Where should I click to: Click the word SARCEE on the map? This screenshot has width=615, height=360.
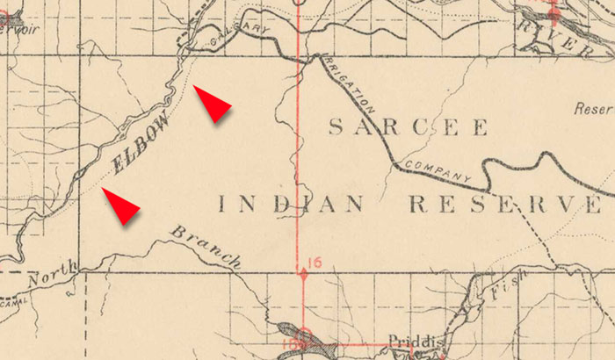click(408, 128)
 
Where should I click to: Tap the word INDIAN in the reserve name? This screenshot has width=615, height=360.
click(290, 205)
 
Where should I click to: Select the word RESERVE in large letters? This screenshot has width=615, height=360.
click(506, 205)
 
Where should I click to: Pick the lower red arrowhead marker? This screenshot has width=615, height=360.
click(122, 206)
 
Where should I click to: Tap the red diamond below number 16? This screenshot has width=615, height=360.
click(304, 274)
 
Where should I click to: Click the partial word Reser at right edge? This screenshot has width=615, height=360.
click(592, 111)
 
